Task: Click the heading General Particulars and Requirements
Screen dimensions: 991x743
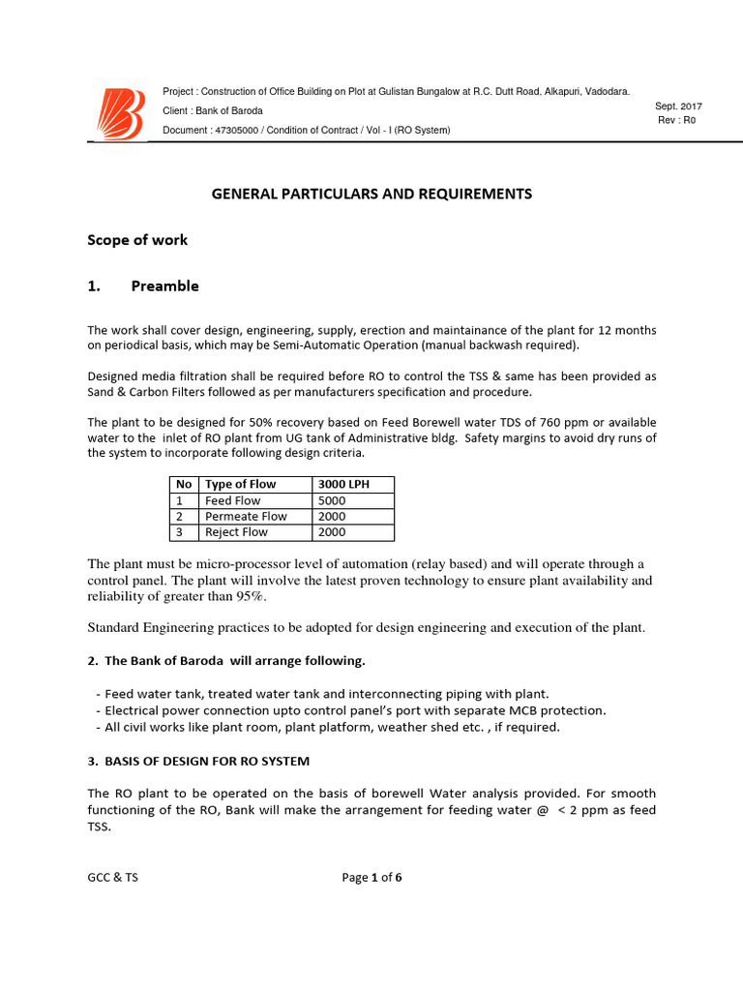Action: [371, 194]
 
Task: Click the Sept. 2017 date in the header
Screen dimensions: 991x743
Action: [678, 105]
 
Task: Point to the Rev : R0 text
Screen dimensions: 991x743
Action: [676, 120]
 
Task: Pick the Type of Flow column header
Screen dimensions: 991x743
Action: [240, 484]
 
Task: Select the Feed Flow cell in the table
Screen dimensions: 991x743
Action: [232, 500]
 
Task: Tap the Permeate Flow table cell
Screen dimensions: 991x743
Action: [246, 516]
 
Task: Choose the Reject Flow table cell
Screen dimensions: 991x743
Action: [236, 532]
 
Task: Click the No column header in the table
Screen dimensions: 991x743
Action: [183, 484]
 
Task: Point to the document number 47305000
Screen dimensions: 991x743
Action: [244, 130]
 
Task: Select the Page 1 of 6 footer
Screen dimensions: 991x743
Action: [371, 878]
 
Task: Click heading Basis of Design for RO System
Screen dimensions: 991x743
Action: [198, 762]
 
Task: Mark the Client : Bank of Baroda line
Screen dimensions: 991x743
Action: [213, 110]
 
